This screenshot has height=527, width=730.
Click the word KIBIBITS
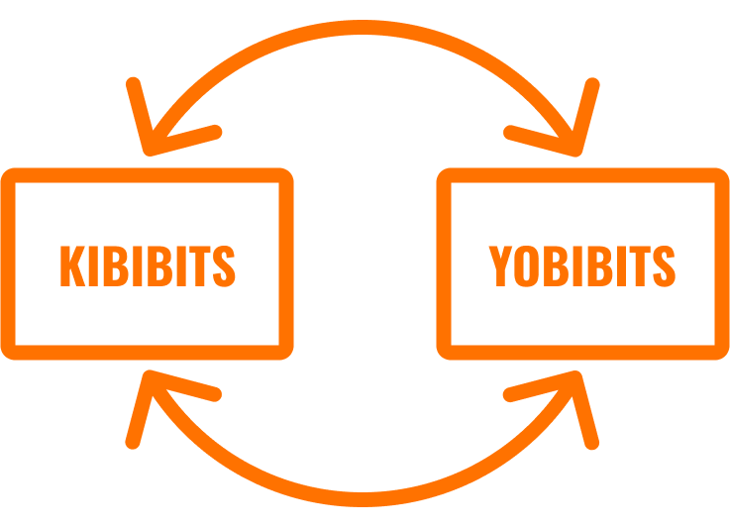tap(148, 265)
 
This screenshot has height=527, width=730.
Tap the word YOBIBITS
tap(582, 265)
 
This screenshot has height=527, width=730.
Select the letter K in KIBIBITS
tap(72, 265)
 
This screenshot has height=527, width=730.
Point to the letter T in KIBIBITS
tap(200, 265)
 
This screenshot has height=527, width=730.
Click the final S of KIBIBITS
tap(224, 265)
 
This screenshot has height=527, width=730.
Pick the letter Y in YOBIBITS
tap(500, 265)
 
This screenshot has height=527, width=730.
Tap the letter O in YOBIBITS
tap(527, 265)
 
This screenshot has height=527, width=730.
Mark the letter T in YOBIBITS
tap(640, 265)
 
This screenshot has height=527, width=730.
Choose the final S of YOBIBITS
tap(665, 265)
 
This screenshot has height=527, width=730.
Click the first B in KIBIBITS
tap(116, 265)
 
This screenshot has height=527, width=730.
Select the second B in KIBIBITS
tap(159, 265)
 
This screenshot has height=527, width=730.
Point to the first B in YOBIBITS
tap(556, 265)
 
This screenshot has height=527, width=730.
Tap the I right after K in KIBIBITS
tap(93, 265)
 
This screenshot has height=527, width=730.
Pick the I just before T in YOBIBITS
tap(621, 265)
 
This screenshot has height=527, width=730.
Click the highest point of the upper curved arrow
tap(363, 27)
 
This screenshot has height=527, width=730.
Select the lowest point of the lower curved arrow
tap(363, 499)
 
